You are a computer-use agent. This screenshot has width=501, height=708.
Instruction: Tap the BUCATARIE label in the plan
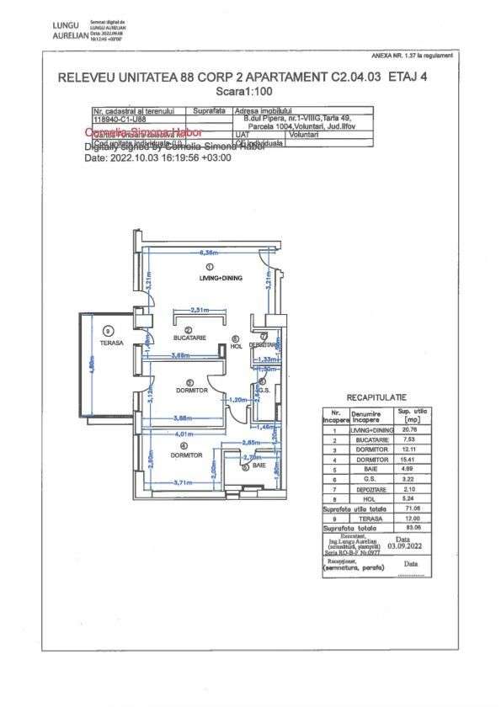pos(190,338)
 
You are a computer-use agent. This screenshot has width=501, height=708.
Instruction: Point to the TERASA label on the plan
pos(111,343)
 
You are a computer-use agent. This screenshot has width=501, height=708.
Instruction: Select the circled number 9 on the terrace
pos(109,331)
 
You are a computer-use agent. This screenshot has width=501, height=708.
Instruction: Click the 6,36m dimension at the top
pos(208,253)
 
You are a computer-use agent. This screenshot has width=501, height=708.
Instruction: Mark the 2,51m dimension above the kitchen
pos(200,310)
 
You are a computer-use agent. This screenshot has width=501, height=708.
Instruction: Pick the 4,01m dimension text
pos(183,434)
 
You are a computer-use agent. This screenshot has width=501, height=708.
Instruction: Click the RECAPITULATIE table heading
pos(376,396)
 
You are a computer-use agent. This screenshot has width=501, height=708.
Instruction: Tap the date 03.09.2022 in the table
pos(402,544)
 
